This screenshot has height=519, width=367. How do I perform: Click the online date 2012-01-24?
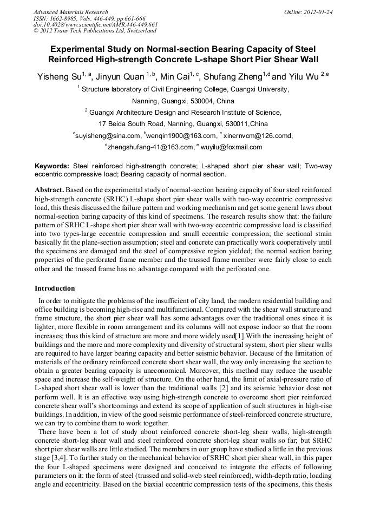click(x=317, y=11)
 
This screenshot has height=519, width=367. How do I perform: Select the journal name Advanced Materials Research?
click(x=71, y=11)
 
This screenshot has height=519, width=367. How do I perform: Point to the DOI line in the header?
click(x=95, y=24)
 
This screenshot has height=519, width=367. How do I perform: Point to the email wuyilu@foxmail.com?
click(x=231, y=147)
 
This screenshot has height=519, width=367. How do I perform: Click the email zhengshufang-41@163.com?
click(x=150, y=147)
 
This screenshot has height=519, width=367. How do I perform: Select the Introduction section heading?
click(x=55, y=288)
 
